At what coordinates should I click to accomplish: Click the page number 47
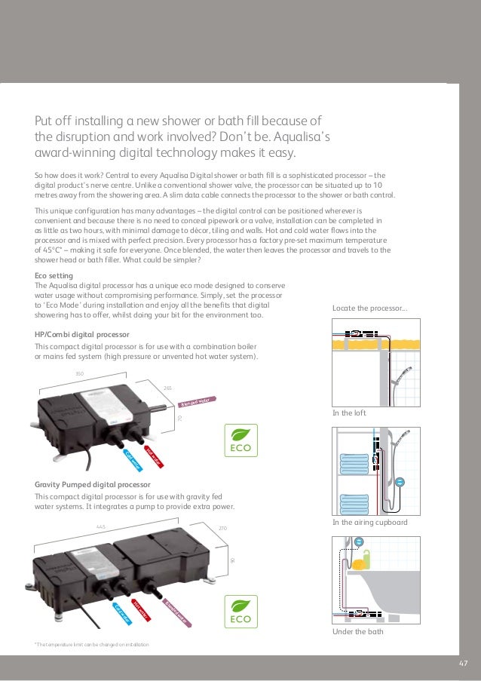[x=464, y=663]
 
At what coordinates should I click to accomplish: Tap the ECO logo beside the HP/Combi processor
[x=241, y=440]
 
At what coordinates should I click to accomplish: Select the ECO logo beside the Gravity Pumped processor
[x=241, y=611]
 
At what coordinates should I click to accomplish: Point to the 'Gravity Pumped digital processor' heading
[x=93, y=483]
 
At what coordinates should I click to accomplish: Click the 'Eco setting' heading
[x=55, y=275]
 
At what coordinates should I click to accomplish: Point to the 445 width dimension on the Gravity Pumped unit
[x=100, y=526]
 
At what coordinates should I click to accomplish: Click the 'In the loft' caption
[x=350, y=413]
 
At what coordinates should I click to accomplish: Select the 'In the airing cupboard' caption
[x=369, y=522]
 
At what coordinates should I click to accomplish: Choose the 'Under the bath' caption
[x=357, y=631]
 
